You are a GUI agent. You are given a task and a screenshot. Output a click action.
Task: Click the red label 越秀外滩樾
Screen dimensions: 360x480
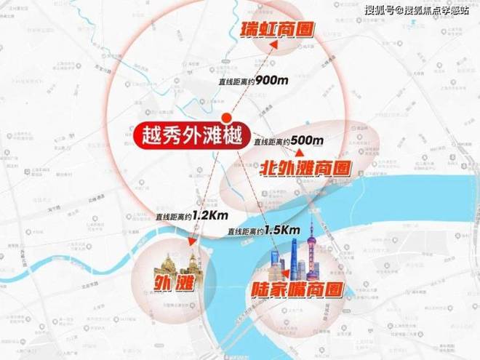tap(186, 136)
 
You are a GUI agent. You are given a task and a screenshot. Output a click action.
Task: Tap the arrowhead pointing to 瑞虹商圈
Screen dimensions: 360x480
tap(276, 44)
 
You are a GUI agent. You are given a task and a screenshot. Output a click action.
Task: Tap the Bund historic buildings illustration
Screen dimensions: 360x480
tap(174, 258)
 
